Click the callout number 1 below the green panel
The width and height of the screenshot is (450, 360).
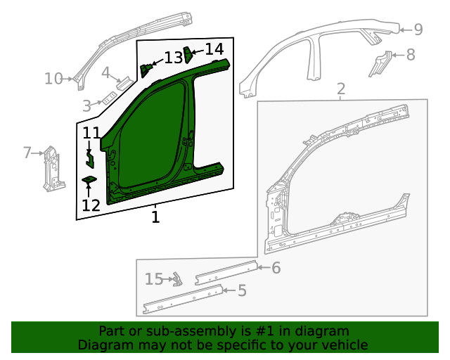155,217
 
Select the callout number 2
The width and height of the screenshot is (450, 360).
341,89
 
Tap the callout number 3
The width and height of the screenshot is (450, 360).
86,106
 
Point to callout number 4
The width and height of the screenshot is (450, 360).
105,72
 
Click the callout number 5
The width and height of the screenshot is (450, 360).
242,290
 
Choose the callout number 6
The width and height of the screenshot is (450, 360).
276,267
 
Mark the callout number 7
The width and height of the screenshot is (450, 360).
27,152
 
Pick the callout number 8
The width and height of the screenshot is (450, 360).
411,54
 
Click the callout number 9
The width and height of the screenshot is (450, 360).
418,30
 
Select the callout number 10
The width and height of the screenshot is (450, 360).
53,79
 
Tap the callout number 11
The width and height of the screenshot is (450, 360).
91,133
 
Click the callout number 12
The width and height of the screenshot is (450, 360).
91,205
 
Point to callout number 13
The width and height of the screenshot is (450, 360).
173,57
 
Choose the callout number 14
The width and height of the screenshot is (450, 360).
214,49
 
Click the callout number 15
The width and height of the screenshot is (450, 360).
154,279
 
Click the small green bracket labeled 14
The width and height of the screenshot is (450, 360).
188,53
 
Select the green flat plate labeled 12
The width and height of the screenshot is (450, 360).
89,181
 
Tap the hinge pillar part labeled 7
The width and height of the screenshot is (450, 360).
50,169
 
